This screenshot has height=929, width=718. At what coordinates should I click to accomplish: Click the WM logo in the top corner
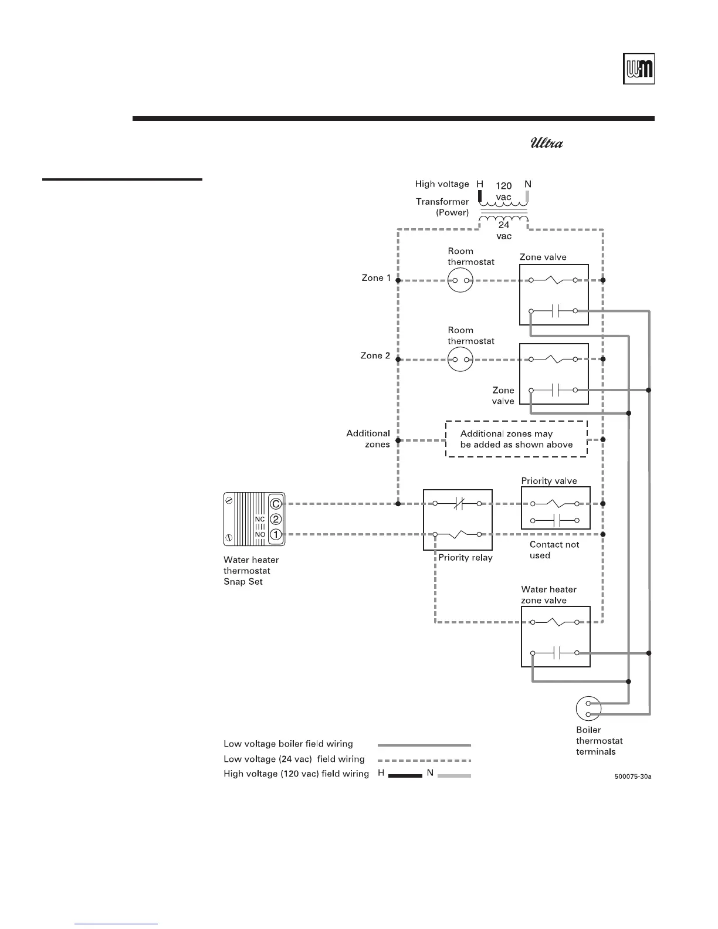pos(638,69)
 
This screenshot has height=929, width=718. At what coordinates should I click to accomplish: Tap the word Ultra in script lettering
pos(547,143)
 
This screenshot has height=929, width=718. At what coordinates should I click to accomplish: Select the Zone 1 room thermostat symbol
pos(460,280)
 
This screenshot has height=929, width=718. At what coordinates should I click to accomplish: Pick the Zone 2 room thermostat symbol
pos(460,359)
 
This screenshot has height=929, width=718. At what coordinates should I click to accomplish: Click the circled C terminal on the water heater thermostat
pos(276,504)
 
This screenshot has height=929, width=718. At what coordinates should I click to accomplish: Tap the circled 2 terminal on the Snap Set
pos(276,519)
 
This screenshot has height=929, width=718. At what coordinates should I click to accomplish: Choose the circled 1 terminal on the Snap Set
pos(276,534)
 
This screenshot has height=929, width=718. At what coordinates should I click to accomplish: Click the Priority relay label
pos(465,558)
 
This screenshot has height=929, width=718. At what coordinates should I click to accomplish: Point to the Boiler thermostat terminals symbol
pos(588,708)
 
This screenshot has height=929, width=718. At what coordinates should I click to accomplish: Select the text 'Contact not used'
pos(554,550)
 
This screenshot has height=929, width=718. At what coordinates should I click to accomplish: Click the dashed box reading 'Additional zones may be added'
pos(516,439)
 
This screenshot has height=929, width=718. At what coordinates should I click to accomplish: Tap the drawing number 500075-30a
pos(634,777)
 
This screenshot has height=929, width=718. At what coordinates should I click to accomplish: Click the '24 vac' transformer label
pos(504,230)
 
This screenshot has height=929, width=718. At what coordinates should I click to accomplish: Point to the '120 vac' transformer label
pos(503,191)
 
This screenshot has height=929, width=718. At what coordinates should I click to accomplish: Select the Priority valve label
pos(549,481)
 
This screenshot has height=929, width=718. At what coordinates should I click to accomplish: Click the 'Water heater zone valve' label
pos(548,595)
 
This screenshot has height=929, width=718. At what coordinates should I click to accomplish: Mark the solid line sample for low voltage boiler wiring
pos(424,745)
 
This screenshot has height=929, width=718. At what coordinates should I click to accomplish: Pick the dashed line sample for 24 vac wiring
pos(424,760)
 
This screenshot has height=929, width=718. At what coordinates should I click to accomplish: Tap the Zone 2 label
pos(375,355)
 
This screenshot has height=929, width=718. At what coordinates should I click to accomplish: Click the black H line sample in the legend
pos(405,775)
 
